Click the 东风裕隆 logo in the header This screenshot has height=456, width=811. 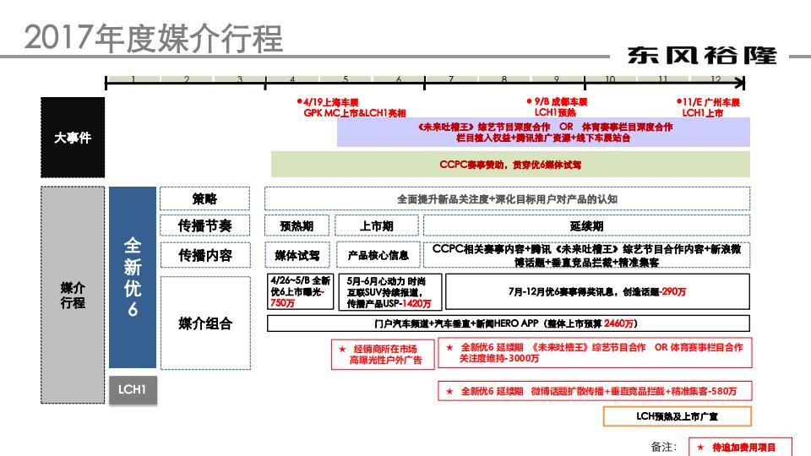(702, 56)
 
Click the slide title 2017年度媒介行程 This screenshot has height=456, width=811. (154, 38)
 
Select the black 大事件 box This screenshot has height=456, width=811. (73, 137)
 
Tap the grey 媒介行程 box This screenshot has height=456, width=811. (73, 296)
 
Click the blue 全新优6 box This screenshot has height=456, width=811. (133, 277)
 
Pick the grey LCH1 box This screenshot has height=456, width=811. (133, 390)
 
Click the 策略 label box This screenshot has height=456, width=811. (204, 198)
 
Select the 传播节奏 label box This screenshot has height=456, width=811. (204, 225)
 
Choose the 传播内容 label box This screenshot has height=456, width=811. (204, 254)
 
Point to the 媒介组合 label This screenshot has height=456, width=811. (204, 323)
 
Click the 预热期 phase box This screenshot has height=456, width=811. (297, 226)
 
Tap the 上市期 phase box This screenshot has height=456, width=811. (376, 226)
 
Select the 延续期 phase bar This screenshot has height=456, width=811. (586, 226)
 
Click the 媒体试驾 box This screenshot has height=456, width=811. (297, 255)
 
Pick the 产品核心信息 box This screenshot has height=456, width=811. (378, 255)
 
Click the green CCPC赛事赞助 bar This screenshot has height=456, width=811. (510, 165)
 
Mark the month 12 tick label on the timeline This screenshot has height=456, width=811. (716, 79)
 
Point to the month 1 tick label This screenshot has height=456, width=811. (133, 79)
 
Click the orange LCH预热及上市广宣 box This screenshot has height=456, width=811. (677, 416)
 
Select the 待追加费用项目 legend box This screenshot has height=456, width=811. (732, 447)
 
